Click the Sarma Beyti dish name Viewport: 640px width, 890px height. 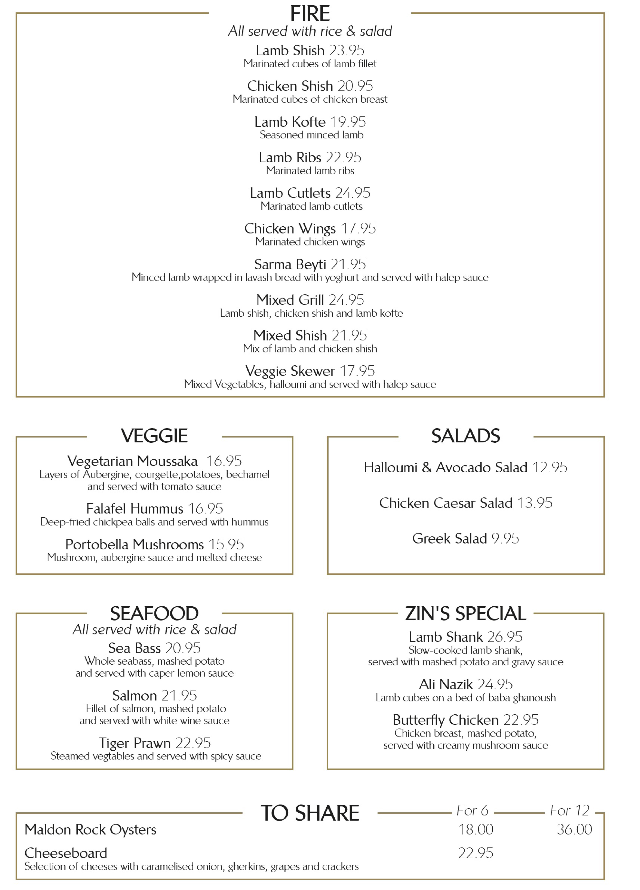tap(290, 264)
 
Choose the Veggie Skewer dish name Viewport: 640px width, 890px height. tap(290, 371)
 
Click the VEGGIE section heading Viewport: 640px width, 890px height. tap(154, 436)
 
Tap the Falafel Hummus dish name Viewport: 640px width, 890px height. tap(135, 509)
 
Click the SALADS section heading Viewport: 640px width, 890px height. tap(465, 436)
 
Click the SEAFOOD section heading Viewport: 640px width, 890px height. tap(154, 613)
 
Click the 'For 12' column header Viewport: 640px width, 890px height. tap(569, 810)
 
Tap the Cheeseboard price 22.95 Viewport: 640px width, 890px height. tap(476, 853)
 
